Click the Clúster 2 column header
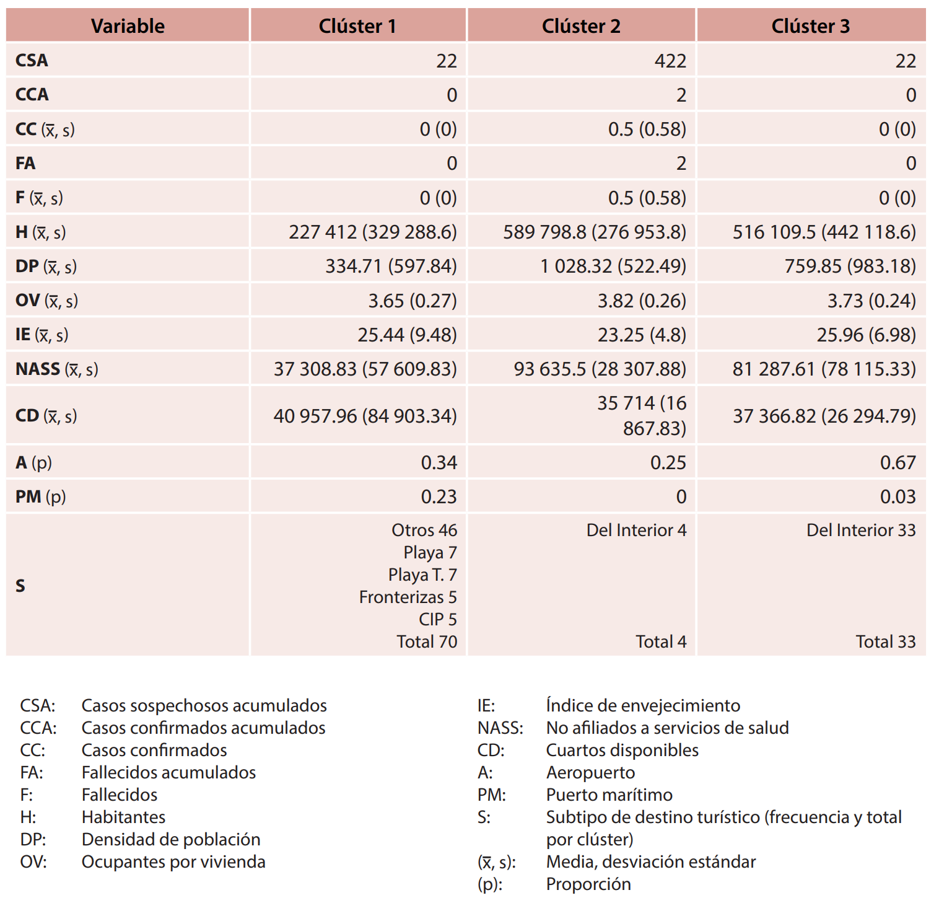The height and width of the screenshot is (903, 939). (x=581, y=26)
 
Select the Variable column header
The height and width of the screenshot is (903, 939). (x=128, y=26)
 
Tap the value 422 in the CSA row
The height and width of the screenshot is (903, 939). (x=670, y=61)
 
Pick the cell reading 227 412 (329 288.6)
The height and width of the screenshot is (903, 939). (x=372, y=232)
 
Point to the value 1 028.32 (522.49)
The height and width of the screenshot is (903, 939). (x=613, y=266)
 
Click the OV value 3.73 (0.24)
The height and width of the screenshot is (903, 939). (x=871, y=301)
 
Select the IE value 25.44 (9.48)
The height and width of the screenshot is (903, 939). (x=407, y=335)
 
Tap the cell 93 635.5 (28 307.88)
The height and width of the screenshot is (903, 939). (x=600, y=369)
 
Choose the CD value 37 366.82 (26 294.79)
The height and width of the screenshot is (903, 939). (x=824, y=416)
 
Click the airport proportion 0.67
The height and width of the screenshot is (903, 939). (x=898, y=463)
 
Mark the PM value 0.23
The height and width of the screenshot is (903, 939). (x=439, y=497)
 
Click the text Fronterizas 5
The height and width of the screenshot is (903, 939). (x=408, y=597)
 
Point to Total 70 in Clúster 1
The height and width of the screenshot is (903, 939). (x=427, y=642)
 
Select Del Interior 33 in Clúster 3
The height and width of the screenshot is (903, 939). (x=860, y=531)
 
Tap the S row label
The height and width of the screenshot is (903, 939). (x=20, y=586)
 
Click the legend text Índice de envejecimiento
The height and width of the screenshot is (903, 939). (x=643, y=706)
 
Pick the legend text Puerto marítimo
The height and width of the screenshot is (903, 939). (x=609, y=795)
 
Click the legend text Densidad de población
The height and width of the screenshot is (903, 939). (x=171, y=840)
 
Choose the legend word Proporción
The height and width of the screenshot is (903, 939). (x=588, y=884)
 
